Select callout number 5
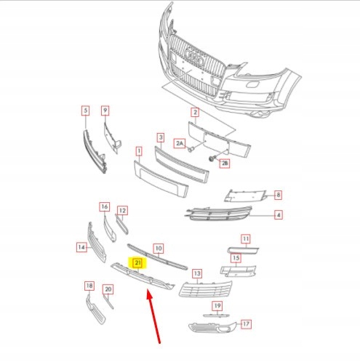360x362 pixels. [x=85, y=110]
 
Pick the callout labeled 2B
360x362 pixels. [x=225, y=164]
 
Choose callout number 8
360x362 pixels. [x=278, y=195]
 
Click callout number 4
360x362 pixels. [x=278, y=215]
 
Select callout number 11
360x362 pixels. [x=246, y=238]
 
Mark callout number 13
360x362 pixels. [x=196, y=274]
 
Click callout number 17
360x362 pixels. [x=246, y=323]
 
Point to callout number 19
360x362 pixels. [x=217, y=305]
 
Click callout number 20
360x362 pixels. [x=108, y=289]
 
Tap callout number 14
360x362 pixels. [x=83, y=248]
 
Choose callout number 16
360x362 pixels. [x=104, y=207]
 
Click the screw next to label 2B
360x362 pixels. [x=212, y=158]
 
